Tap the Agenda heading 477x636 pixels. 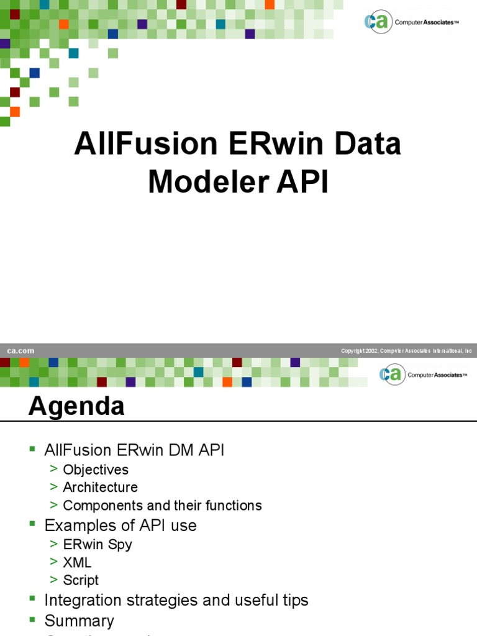point(76,406)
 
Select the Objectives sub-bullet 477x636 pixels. point(96,470)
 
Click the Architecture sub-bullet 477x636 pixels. point(100,488)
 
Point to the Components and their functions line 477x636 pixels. point(162,506)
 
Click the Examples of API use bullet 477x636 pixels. point(120,525)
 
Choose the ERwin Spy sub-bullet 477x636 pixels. point(98,544)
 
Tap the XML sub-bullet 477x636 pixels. point(77,562)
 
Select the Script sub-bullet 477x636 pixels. point(81,580)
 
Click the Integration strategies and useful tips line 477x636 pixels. point(176,600)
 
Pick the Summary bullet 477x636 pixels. point(79,620)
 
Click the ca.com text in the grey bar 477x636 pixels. point(20,351)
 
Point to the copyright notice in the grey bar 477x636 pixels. point(407,351)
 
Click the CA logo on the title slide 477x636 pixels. point(378,22)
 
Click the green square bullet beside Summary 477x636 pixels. point(33,620)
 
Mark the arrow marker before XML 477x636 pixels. point(55,562)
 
